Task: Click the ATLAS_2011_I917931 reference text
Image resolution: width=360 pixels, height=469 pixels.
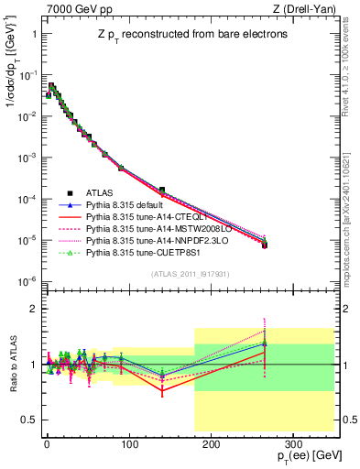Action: [x=190, y=273]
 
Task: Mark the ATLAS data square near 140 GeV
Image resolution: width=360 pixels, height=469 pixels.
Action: [x=161, y=191]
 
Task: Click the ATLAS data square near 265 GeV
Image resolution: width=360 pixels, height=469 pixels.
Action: [x=265, y=245]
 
